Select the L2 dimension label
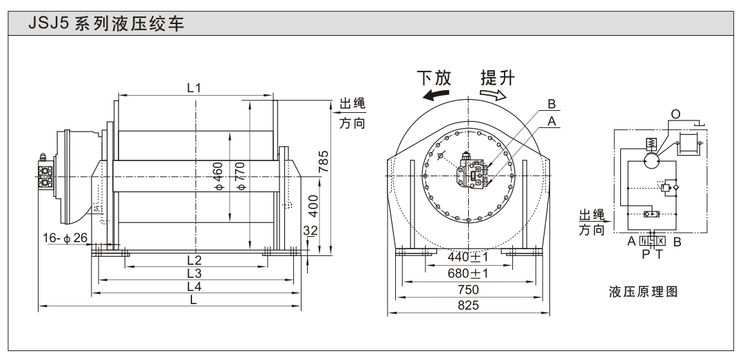coord(194,260)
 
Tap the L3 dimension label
coord(194,273)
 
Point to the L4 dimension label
coord(194,286)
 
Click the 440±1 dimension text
coord(469,260)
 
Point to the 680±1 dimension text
coord(469,274)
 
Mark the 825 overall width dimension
coord(469,305)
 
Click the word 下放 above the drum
coord(433,77)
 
